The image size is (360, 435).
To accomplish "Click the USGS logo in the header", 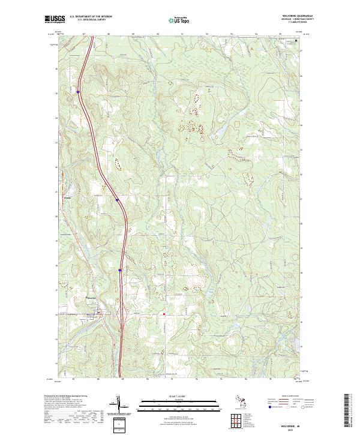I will click(x=56, y=19).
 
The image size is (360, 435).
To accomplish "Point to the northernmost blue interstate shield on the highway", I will click(x=79, y=92).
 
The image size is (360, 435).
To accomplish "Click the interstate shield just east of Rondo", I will click(x=117, y=200).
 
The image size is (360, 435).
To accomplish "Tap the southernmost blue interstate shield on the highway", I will click(x=120, y=270).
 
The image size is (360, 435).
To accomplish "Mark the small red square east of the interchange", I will click(x=163, y=313).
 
